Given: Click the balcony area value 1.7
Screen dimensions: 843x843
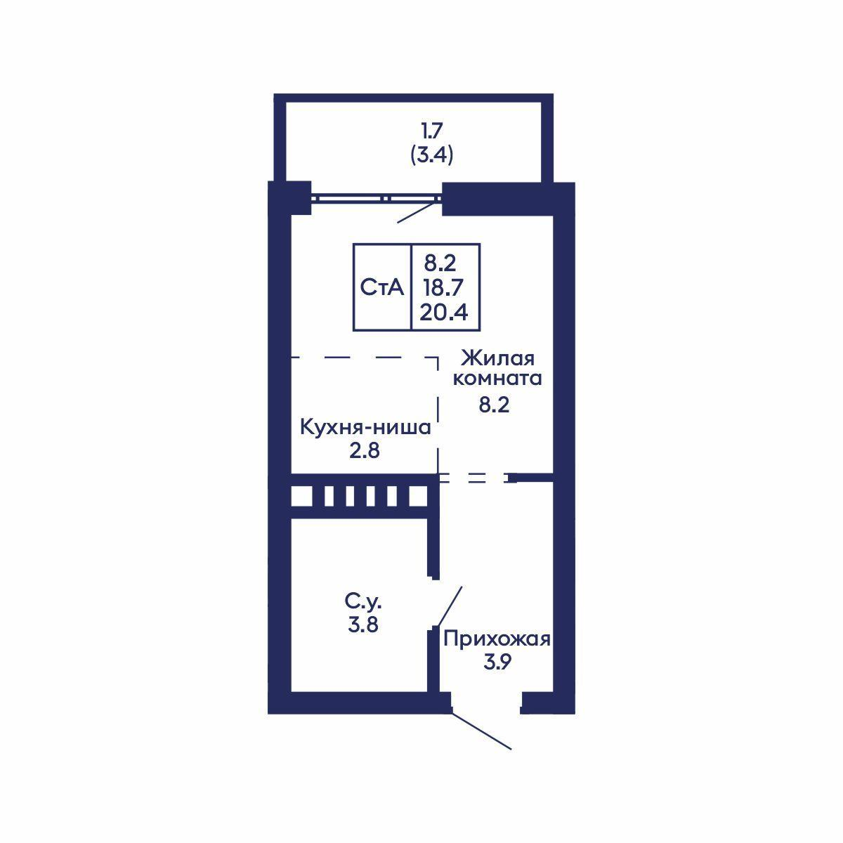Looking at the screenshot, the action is pyautogui.click(x=432, y=130).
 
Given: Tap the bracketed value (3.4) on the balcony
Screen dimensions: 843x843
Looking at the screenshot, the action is pyautogui.click(x=432, y=155).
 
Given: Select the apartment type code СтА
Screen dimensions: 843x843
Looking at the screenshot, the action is pyautogui.click(x=381, y=287).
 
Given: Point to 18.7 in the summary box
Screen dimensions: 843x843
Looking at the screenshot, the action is pyautogui.click(x=443, y=287).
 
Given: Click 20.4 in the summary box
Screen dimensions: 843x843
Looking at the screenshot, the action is pyautogui.click(x=443, y=313).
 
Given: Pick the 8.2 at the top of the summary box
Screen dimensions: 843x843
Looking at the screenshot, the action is pyautogui.click(x=440, y=263).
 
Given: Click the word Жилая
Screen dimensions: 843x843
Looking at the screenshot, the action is pyautogui.click(x=497, y=358).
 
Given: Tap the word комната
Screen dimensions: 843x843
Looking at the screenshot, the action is pyautogui.click(x=497, y=379).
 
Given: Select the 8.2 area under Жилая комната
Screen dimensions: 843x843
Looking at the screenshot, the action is pyautogui.click(x=494, y=405).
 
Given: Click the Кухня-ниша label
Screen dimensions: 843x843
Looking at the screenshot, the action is pyautogui.click(x=365, y=427).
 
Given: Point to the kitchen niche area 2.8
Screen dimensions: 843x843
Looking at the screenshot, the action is pyautogui.click(x=364, y=450).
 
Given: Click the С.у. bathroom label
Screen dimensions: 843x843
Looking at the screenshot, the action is pyautogui.click(x=363, y=602).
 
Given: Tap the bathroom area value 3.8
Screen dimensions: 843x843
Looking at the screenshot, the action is pyautogui.click(x=363, y=625).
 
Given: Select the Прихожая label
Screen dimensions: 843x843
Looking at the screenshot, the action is pyautogui.click(x=497, y=639).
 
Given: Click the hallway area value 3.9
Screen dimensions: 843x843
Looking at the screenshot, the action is pyautogui.click(x=497, y=662).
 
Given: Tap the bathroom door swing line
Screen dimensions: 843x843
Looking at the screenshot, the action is pyautogui.click(x=450, y=606).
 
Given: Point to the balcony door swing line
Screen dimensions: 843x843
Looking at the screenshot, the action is pyautogui.click(x=419, y=211).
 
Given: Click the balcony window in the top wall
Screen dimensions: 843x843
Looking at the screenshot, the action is pyautogui.click(x=377, y=198).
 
